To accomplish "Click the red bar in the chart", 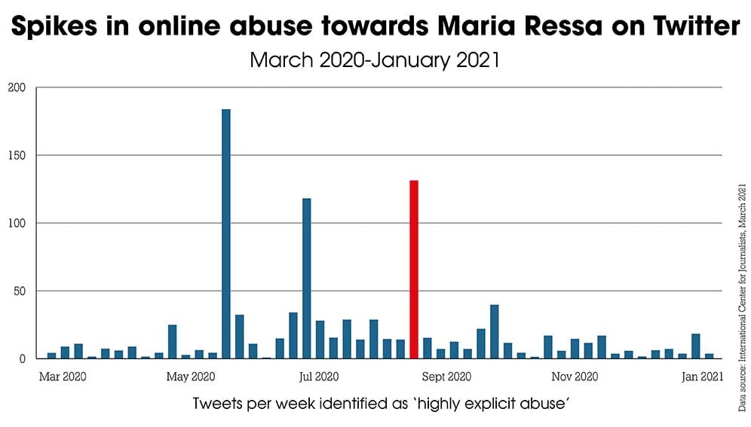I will pyautogui.click(x=413, y=270).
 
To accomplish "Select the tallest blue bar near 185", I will pyautogui.click(x=225, y=233).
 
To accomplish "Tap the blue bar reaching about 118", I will pyautogui.click(x=306, y=278).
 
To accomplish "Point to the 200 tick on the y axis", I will pyautogui.click(x=17, y=87).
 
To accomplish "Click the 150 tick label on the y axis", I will pyautogui.click(x=17, y=155).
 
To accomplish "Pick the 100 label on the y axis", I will pyautogui.click(x=17, y=223).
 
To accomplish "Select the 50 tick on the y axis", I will pyautogui.click(x=19, y=291).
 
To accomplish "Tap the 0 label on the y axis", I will pyautogui.click(x=22, y=358).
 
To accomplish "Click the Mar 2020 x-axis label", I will pyautogui.click(x=62, y=375).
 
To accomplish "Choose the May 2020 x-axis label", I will pyautogui.click(x=190, y=375).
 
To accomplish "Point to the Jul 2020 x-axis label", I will pyautogui.click(x=317, y=375).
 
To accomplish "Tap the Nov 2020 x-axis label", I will pyautogui.click(x=575, y=375).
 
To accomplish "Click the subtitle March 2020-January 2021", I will pyautogui.click(x=375, y=59).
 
